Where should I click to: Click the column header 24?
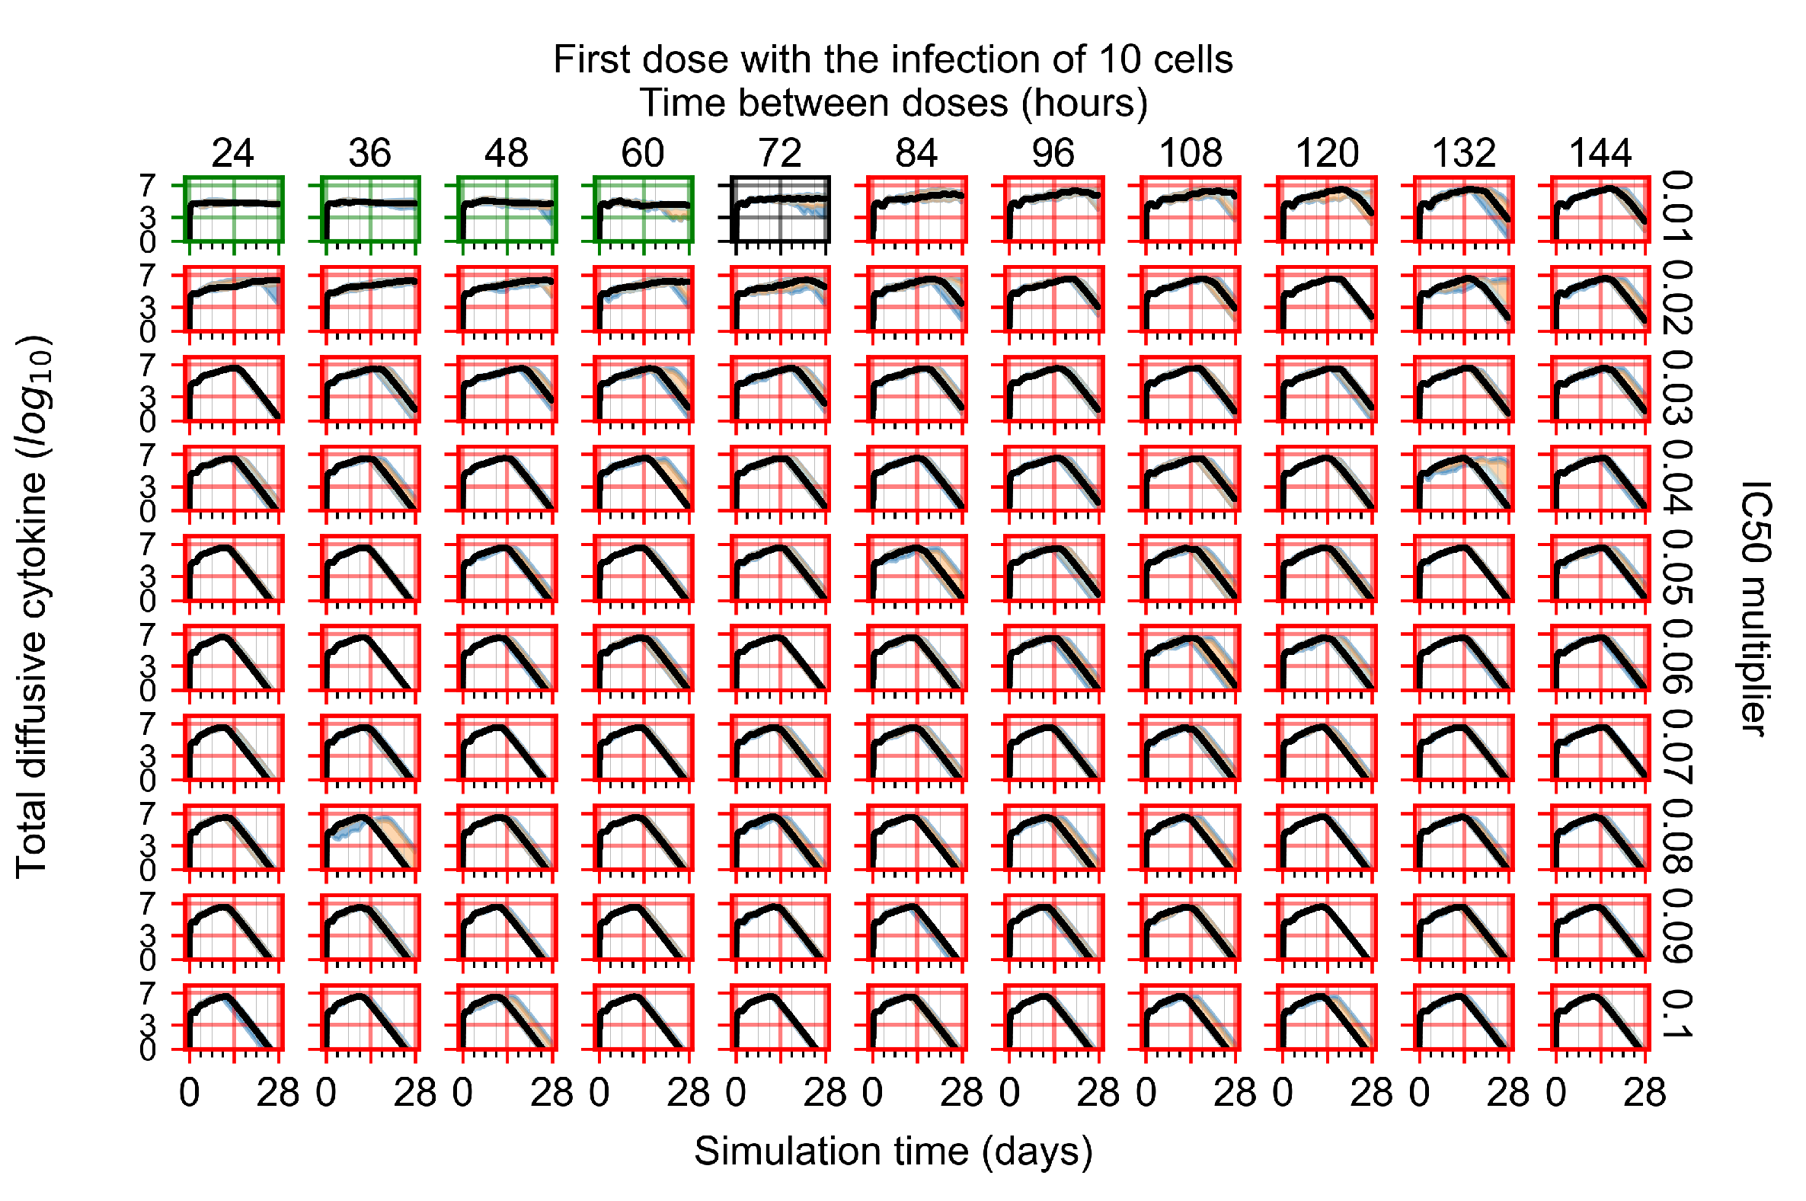click(x=233, y=154)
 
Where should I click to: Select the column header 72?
click(x=780, y=154)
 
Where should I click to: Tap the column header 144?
click(x=1600, y=154)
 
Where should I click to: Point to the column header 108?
click(x=1190, y=154)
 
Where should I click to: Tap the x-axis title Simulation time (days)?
click(x=893, y=1151)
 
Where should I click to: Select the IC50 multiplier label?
click(x=1754, y=609)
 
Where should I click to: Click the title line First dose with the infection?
click(x=893, y=59)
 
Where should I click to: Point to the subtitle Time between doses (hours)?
click(x=893, y=104)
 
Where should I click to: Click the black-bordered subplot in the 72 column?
click(x=780, y=210)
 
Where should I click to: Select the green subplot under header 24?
click(x=234, y=210)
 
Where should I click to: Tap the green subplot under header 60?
click(x=644, y=210)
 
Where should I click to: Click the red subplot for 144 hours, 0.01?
click(x=1600, y=210)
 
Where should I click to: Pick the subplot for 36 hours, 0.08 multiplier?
click(x=370, y=838)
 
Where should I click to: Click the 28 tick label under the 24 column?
click(x=278, y=1093)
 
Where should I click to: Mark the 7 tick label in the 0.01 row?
click(x=147, y=185)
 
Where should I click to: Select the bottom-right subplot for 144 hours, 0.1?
click(x=1600, y=1017)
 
